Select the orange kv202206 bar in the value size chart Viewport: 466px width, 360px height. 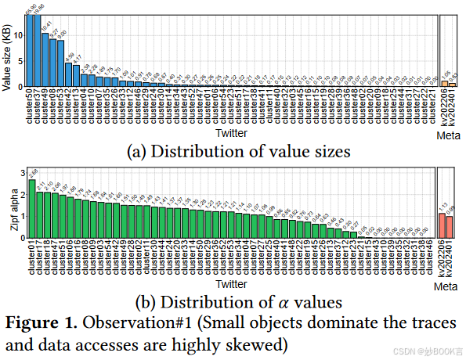(444, 83)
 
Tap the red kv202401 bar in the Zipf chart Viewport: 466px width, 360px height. (450, 227)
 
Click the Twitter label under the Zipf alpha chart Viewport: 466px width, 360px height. (232, 284)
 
